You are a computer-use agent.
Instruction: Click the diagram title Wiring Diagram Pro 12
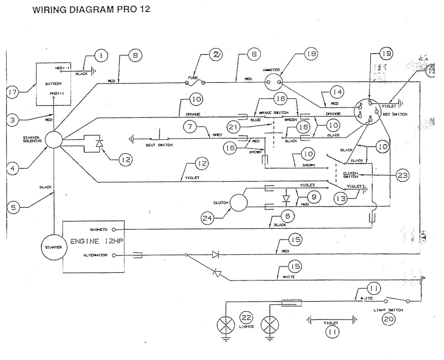coord(91,9)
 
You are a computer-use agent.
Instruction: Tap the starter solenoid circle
coord(54,140)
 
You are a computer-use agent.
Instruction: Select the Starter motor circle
coord(53,247)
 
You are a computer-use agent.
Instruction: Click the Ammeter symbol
coord(273,82)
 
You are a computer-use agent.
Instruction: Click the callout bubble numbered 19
coord(386,54)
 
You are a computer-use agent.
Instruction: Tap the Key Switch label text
coord(395,114)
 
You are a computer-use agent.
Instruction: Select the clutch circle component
coord(239,203)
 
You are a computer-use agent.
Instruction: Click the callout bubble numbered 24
coord(208,218)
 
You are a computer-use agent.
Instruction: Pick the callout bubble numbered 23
coord(402,175)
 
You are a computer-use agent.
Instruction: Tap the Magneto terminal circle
coord(113,230)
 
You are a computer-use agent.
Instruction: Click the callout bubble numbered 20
coord(388,319)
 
